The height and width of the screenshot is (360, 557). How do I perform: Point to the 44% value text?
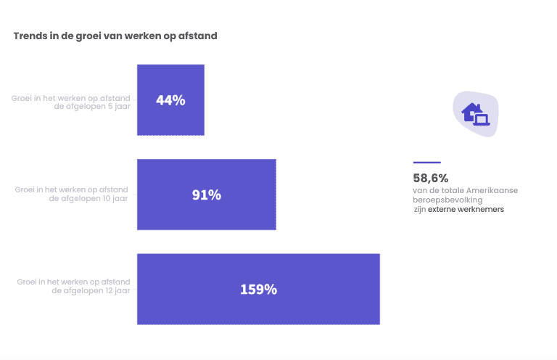tap(170, 101)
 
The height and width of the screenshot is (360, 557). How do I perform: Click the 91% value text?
tap(207, 195)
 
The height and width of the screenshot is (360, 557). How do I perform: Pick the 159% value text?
tap(258, 290)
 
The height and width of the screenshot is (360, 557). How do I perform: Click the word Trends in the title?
tap(30, 35)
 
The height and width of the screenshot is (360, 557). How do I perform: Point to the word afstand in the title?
tap(197, 35)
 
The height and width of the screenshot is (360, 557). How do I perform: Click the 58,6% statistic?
tap(431, 178)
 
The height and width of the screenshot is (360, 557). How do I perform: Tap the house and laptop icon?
tap(476, 115)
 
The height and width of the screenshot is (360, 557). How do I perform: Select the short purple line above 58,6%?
tap(426, 163)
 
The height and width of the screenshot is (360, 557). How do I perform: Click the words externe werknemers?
tap(466, 209)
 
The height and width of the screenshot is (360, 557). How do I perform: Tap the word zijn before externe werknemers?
tap(419, 209)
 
